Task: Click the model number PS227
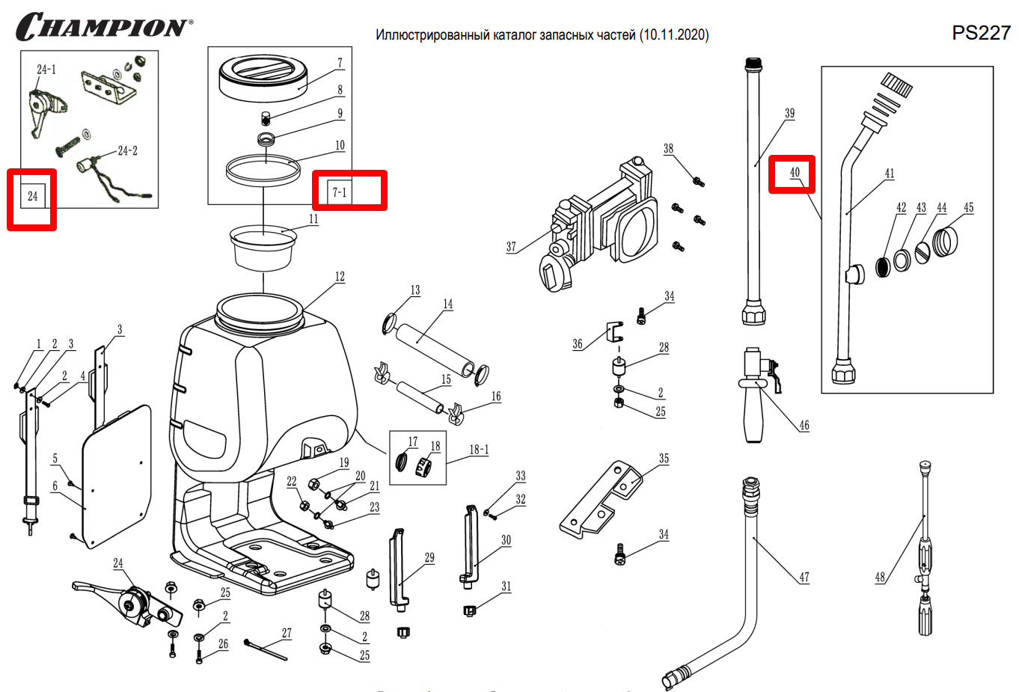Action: pyautogui.click(x=981, y=33)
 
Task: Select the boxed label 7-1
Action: pyautogui.click(x=340, y=192)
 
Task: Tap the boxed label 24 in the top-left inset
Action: pyautogui.click(x=32, y=196)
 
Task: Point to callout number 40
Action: pyautogui.click(x=794, y=173)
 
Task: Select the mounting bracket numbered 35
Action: pyautogui.click(x=602, y=497)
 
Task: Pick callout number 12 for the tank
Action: pyautogui.click(x=340, y=277)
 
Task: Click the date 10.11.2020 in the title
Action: pyautogui.click(x=673, y=34)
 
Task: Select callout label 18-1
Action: pyautogui.click(x=479, y=450)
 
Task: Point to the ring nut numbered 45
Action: pyautogui.click(x=946, y=242)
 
